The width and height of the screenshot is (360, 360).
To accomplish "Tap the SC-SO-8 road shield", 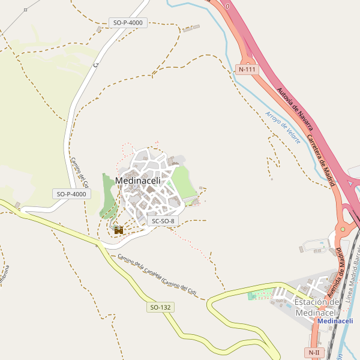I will tap(163, 221).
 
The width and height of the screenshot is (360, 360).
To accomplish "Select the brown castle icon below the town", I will tap(118, 229).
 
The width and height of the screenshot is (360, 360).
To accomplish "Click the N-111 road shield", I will tap(247, 69).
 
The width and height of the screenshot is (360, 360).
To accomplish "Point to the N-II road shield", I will tap(314, 352).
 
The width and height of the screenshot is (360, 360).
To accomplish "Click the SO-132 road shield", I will tap(160, 307).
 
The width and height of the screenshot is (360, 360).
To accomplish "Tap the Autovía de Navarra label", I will tap(295, 109).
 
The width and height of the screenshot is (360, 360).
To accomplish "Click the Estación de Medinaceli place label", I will tap(317, 307).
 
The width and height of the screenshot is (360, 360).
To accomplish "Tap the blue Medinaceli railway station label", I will tap(335, 321).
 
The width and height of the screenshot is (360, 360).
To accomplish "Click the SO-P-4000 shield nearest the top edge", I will tap(128, 23).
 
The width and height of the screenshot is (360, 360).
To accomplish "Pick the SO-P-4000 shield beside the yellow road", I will tap(71, 194).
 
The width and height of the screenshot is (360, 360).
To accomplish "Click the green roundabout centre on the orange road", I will tap(343, 229).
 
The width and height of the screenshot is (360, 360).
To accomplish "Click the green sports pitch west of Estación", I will tap(259, 295).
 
